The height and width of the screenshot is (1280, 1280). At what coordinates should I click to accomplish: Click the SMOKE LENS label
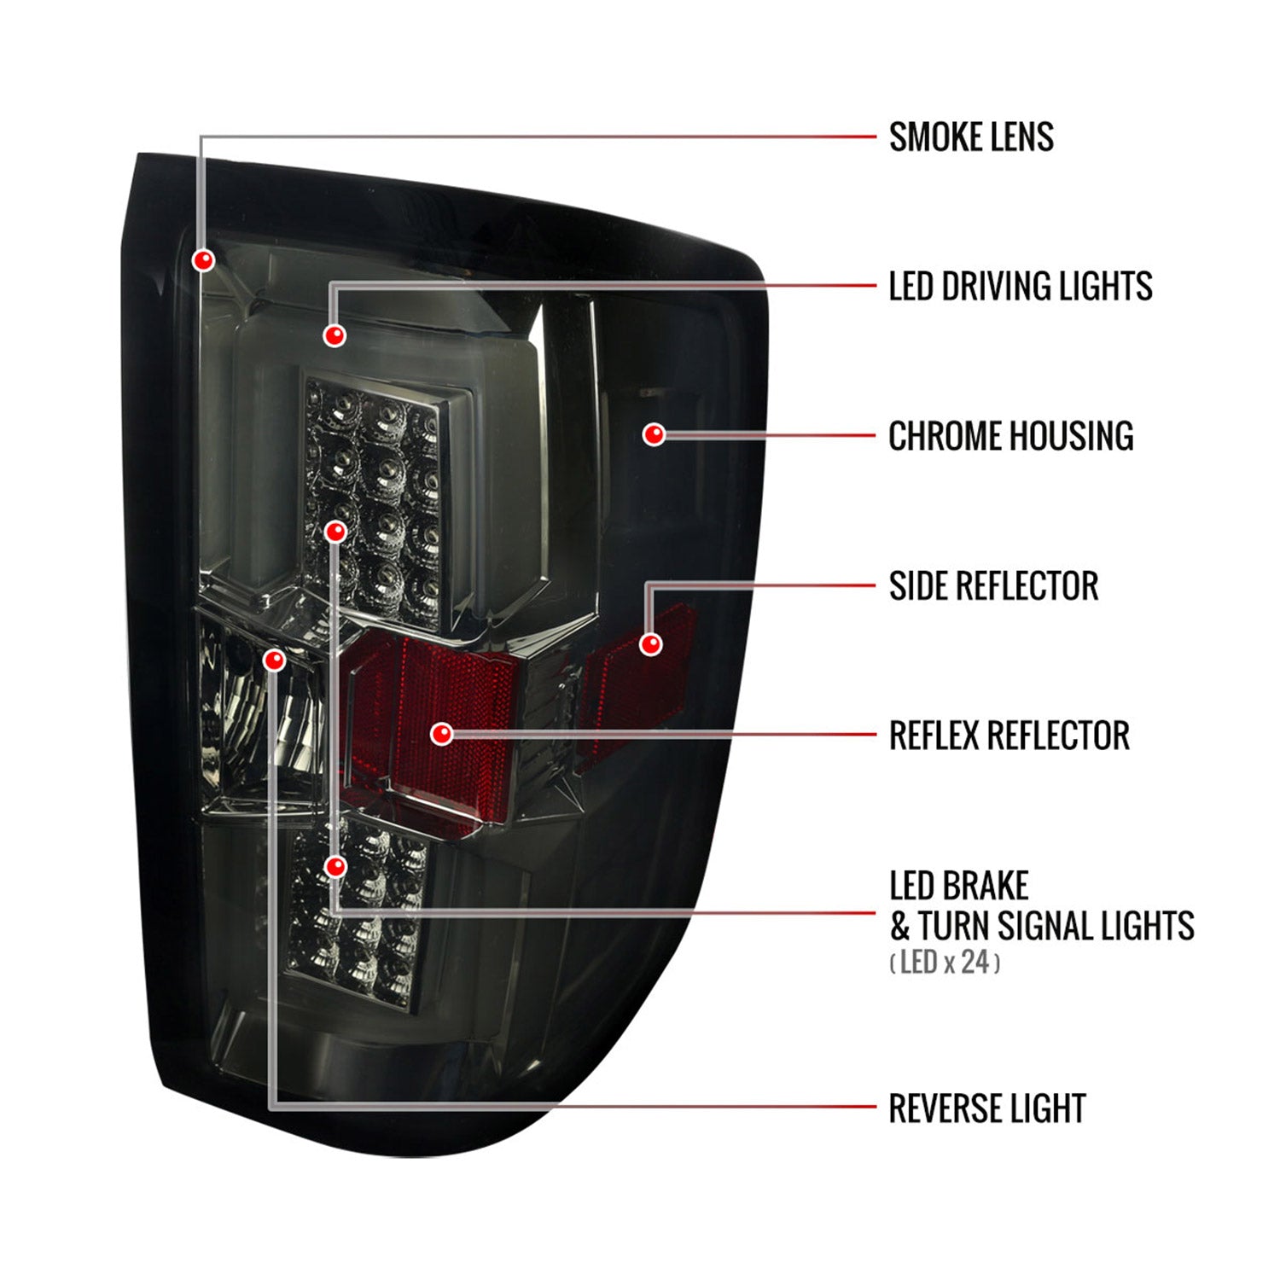point(971,137)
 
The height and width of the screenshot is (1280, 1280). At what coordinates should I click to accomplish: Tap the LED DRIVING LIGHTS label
point(1021,287)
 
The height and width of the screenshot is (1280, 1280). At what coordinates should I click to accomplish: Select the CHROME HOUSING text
point(1011,436)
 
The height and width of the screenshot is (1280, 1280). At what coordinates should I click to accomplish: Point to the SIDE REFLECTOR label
point(993,586)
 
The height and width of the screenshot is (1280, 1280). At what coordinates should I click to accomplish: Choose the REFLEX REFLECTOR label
point(1009,736)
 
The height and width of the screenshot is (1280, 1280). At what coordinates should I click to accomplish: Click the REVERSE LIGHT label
point(987,1108)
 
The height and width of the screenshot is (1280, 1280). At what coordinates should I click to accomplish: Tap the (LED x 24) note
point(945,963)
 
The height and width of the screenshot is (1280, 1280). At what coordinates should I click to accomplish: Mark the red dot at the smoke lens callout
point(203,259)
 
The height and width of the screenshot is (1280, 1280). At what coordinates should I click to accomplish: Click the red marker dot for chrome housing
point(654,434)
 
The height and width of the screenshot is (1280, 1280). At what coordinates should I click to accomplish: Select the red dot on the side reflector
point(650,643)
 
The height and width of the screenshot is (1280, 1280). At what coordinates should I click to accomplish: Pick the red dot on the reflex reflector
point(441,733)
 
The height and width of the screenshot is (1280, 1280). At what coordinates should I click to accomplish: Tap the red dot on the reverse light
point(274,660)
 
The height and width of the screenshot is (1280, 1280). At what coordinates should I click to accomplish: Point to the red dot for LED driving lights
point(335,335)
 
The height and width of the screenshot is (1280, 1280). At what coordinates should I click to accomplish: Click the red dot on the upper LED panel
point(336,532)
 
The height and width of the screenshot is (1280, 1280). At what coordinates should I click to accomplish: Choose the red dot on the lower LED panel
point(336,867)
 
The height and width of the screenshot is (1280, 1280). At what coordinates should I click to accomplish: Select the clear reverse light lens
point(260,713)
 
